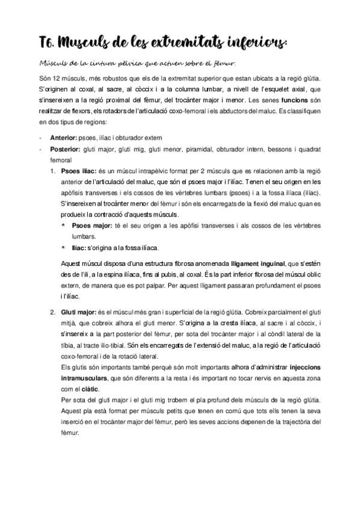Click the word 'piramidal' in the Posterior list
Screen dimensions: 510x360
click(x=206, y=149)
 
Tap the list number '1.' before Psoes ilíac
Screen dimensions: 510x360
click(x=53, y=171)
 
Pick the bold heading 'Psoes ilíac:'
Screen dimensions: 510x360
click(x=78, y=171)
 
